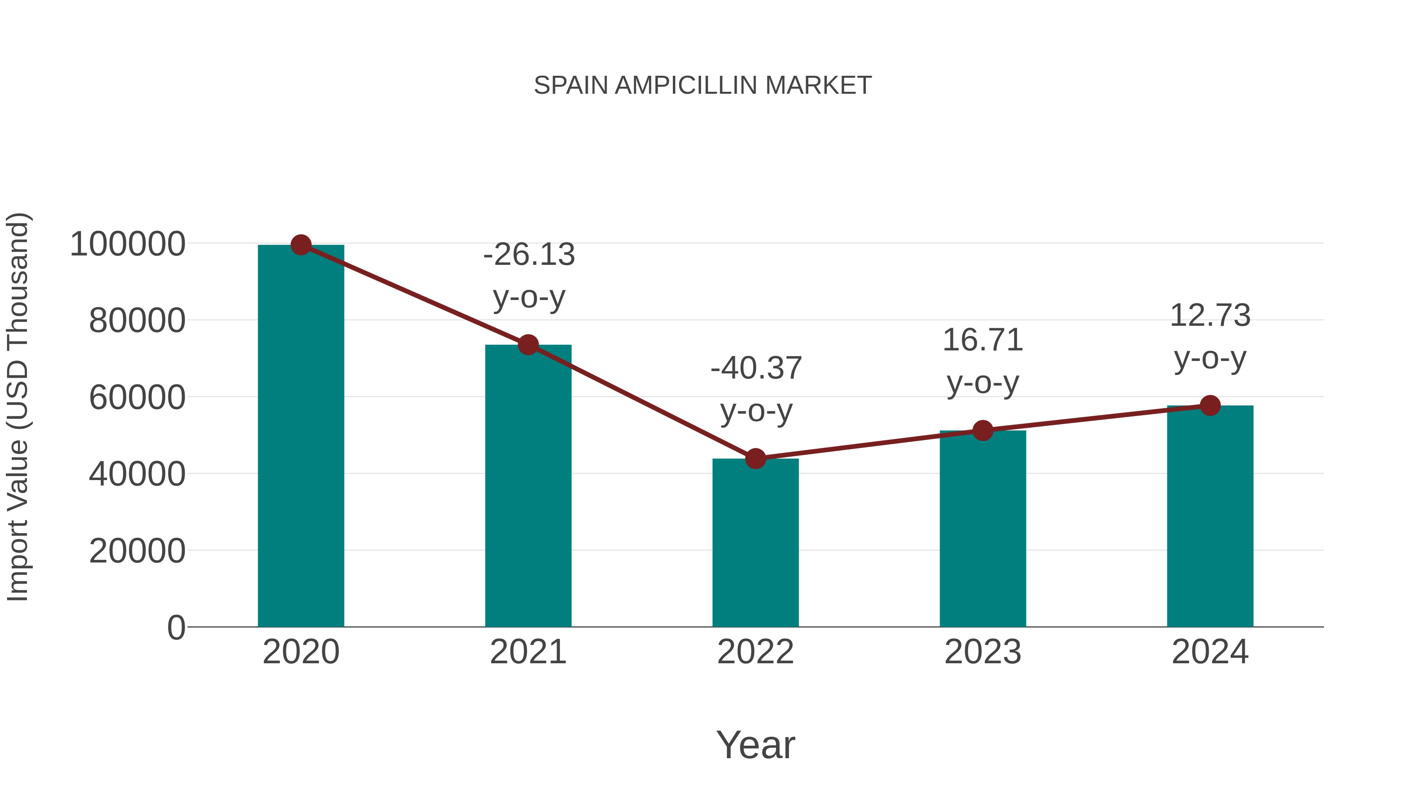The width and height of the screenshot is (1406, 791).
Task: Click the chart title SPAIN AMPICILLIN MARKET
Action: (703, 86)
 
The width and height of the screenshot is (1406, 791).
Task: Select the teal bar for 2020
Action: (301, 437)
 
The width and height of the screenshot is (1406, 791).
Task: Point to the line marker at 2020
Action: (301, 245)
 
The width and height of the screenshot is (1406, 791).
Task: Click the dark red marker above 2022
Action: (755, 459)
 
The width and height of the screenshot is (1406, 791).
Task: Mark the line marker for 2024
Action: (1210, 405)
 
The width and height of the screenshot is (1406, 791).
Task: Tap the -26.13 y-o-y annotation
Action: (529, 276)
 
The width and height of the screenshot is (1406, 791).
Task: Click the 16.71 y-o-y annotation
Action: (983, 361)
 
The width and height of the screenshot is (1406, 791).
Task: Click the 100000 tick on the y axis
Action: (128, 244)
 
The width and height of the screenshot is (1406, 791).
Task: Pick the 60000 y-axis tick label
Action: (137, 397)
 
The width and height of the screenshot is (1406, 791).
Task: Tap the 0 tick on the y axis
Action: (176, 628)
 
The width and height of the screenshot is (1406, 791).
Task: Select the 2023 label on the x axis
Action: (983, 652)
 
